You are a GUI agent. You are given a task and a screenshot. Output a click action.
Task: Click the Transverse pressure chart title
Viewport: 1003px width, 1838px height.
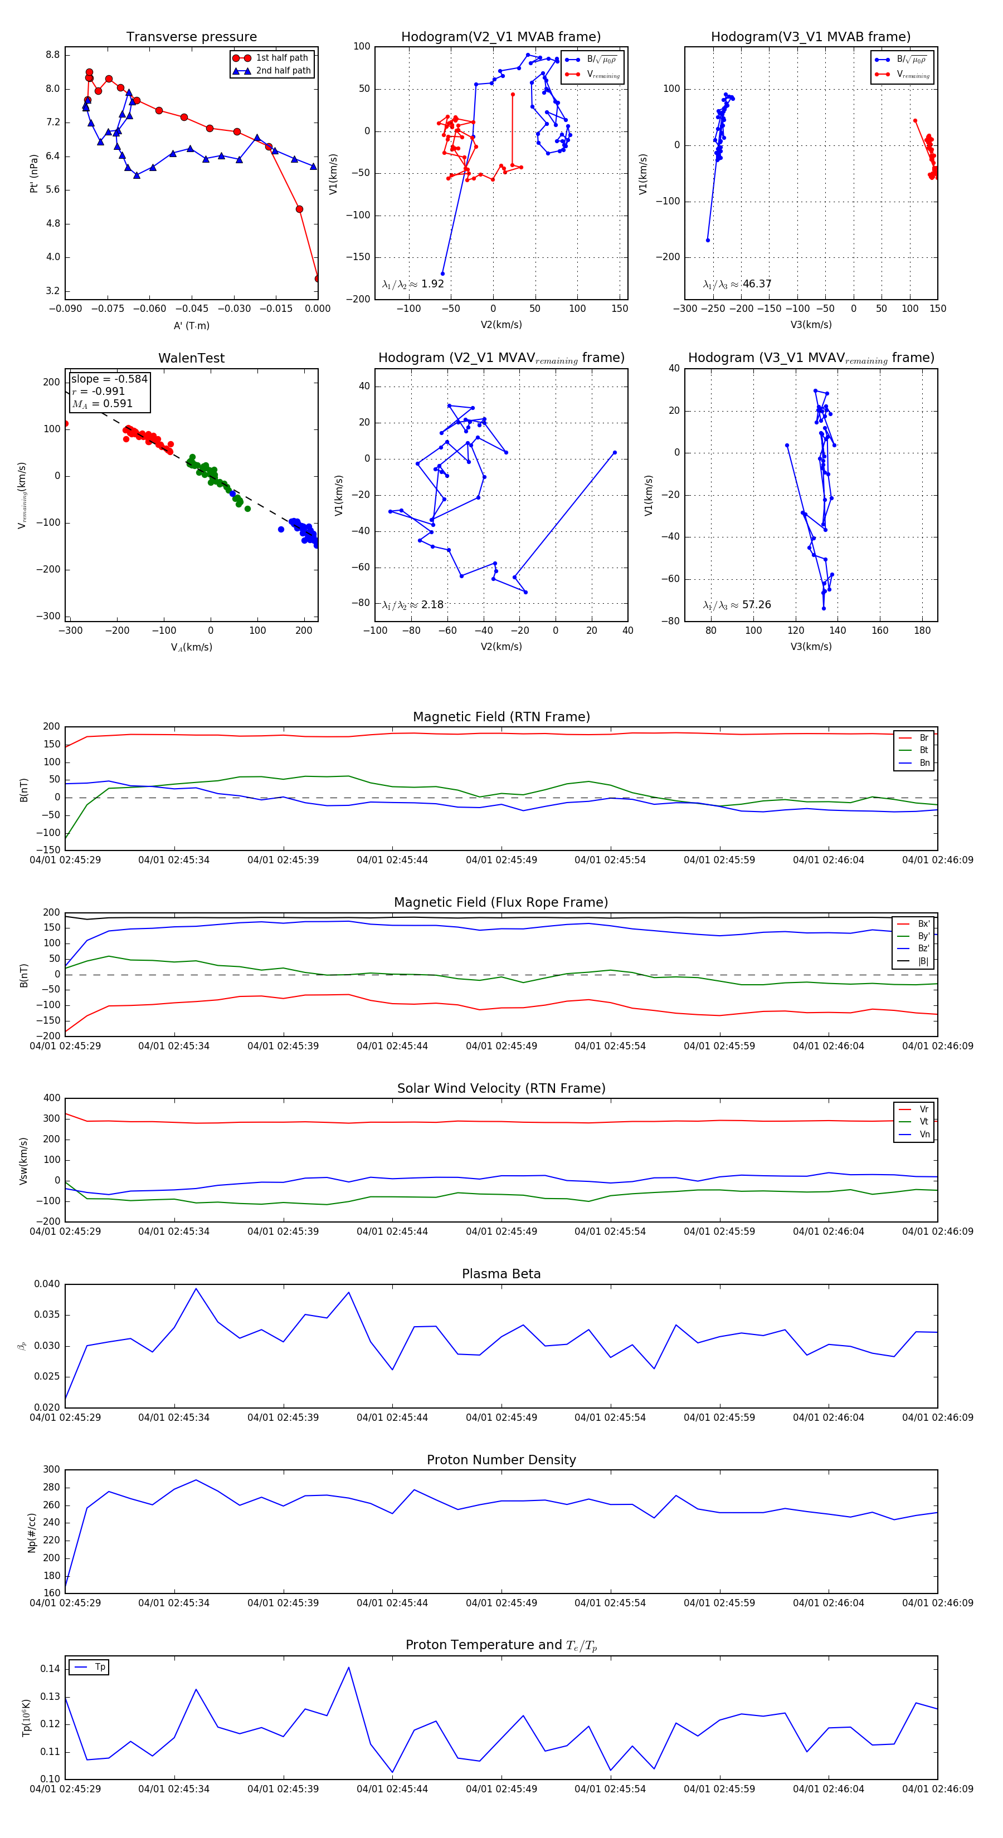191,37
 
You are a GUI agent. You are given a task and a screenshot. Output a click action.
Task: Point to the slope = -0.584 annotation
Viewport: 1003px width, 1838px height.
109,379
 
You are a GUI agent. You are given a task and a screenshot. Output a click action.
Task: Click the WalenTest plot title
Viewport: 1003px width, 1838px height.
191,358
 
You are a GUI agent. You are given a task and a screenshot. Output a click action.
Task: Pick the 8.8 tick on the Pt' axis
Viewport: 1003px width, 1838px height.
52,55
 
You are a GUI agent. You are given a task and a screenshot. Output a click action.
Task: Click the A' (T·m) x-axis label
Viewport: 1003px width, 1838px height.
191,325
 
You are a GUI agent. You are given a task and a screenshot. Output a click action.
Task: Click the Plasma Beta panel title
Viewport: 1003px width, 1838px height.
501,1274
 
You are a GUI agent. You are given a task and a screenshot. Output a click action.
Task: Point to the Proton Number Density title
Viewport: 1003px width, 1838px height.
501,1460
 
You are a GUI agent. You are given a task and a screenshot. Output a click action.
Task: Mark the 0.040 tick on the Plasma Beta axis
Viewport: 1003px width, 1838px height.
47,1284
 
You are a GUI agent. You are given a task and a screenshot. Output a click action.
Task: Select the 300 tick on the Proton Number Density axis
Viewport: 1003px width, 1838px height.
51,1470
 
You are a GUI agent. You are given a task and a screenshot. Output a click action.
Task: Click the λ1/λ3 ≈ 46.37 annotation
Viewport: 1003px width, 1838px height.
737,284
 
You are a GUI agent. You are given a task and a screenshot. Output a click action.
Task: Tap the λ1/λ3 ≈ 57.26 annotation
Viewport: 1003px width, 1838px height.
737,605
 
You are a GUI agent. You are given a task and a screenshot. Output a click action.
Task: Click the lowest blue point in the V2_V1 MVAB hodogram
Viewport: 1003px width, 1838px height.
442,273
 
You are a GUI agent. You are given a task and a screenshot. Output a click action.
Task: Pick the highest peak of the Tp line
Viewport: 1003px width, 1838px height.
348,1668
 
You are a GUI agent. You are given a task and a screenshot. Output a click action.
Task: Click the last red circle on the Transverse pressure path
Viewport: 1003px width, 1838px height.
318,278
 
